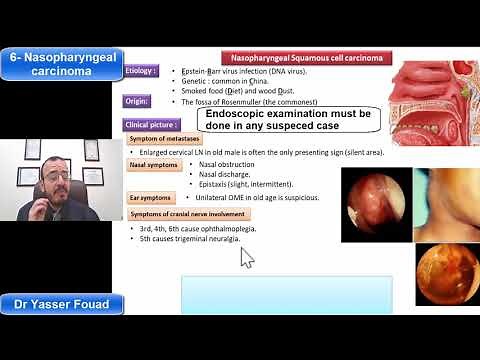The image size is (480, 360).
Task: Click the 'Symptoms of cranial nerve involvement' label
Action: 191,215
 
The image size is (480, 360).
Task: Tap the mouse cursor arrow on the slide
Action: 246,257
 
